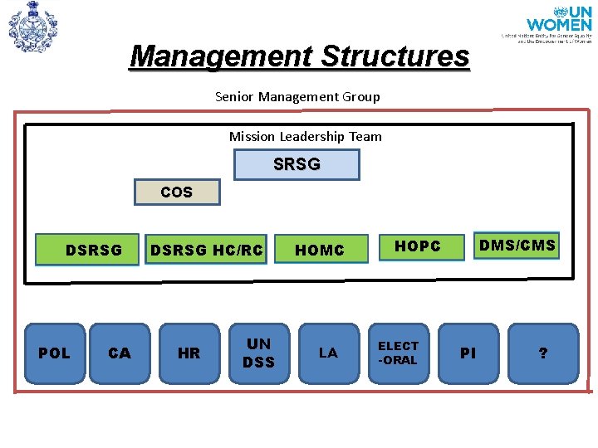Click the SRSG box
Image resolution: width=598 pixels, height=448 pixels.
pyautogui.click(x=297, y=164)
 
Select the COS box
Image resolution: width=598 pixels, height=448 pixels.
pyautogui.click(x=177, y=192)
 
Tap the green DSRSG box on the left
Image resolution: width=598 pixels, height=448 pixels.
pyautogui.click(x=87, y=250)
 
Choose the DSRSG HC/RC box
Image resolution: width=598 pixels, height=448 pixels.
pyautogui.click(x=206, y=250)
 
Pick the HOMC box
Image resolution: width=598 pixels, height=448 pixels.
pyautogui.click(x=320, y=250)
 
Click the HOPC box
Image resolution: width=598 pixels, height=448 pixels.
pyautogui.click(x=417, y=246)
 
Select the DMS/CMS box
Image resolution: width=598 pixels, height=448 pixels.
pyautogui.click(x=517, y=246)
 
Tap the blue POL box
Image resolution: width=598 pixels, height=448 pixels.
pyautogui.click(x=55, y=353)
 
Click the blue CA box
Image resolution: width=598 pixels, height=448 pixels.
pyautogui.click(x=120, y=353)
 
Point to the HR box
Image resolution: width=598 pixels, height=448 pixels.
pyautogui.click(x=189, y=353)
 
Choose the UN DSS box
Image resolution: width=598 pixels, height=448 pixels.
pyautogui.click(x=258, y=353)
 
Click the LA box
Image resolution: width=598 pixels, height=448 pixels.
pyautogui.click(x=328, y=353)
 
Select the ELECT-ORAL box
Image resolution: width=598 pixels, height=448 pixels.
pyautogui.click(x=399, y=353)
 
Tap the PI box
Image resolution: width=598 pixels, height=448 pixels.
pyautogui.click(x=468, y=353)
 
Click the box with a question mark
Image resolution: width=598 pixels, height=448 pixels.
pyautogui.click(x=543, y=353)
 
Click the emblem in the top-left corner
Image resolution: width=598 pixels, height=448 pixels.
pyautogui.click(x=32, y=27)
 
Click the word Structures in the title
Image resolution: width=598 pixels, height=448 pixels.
pyautogui.click(x=395, y=56)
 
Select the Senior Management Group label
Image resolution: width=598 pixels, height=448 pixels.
pyautogui.click(x=297, y=96)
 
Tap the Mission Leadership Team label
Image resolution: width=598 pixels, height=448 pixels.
pyautogui.click(x=306, y=136)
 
